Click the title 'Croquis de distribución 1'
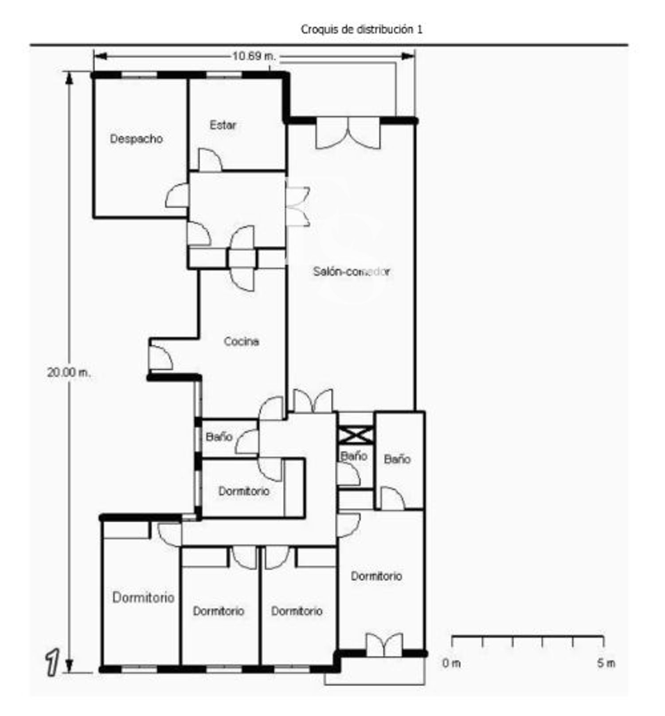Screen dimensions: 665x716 pyautogui.click(x=361, y=30)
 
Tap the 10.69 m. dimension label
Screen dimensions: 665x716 pyautogui.click(x=254, y=56)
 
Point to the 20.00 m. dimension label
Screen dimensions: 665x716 pyautogui.click(x=68, y=373)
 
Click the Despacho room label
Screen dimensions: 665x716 pyautogui.click(x=136, y=139)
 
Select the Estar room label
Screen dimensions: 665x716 pyautogui.click(x=223, y=125)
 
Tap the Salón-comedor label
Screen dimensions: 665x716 pyautogui.click(x=352, y=271)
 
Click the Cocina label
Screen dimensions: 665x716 pyautogui.click(x=241, y=342)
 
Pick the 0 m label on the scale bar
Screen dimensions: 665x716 pyautogui.click(x=451, y=663)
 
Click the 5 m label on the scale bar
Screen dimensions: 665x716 pyautogui.click(x=606, y=663)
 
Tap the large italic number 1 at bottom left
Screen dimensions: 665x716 pyautogui.click(x=52, y=662)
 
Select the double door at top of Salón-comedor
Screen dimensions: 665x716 pyautogui.click(x=348, y=132)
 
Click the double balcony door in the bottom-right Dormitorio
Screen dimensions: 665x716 pyautogui.click(x=384, y=645)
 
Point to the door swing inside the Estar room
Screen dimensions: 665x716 pyautogui.click(x=210, y=159)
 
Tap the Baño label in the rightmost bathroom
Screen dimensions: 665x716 pyautogui.click(x=397, y=459)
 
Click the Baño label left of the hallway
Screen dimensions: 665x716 pyautogui.click(x=219, y=437)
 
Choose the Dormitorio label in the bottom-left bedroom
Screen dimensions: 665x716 pyautogui.click(x=143, y=598)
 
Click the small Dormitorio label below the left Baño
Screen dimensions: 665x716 pyautogui.click(x=244, y=492)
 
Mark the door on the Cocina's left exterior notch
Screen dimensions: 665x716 pyautogui.click(x=160, y=358)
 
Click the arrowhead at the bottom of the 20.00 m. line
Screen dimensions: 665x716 pyautogui.click(x=69, y=666)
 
